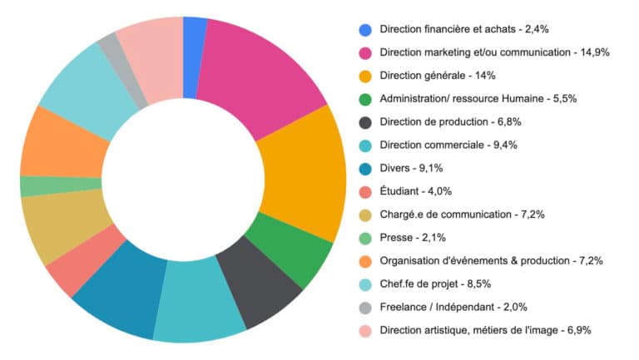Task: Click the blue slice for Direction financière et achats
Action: tap(194, 33)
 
